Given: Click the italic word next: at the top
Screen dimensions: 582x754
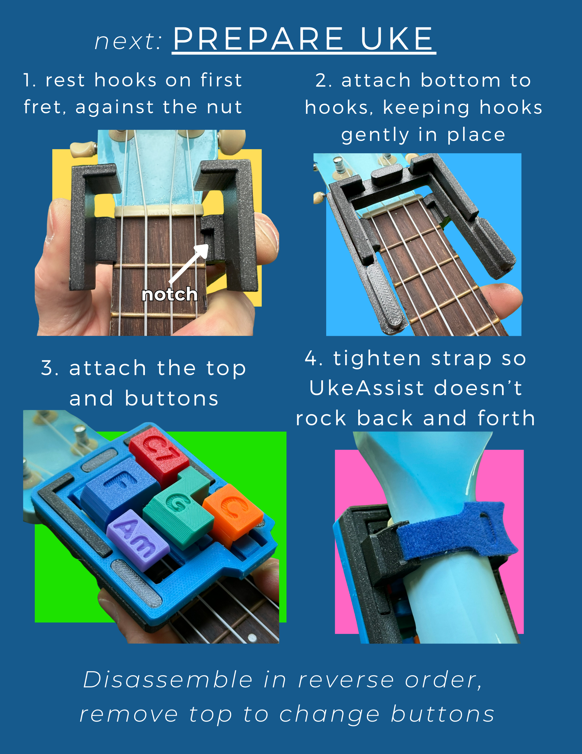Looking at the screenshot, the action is tap(128, 41).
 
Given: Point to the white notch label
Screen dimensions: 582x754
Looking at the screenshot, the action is tap(170, 294).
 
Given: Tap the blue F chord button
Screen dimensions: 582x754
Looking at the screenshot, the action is tap(116, 490).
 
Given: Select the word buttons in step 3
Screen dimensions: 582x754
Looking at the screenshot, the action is tap(172, 399).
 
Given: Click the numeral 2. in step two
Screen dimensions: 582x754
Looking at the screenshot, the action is tap(323, 80).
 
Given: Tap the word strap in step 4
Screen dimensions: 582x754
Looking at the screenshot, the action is tap(461, 359).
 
